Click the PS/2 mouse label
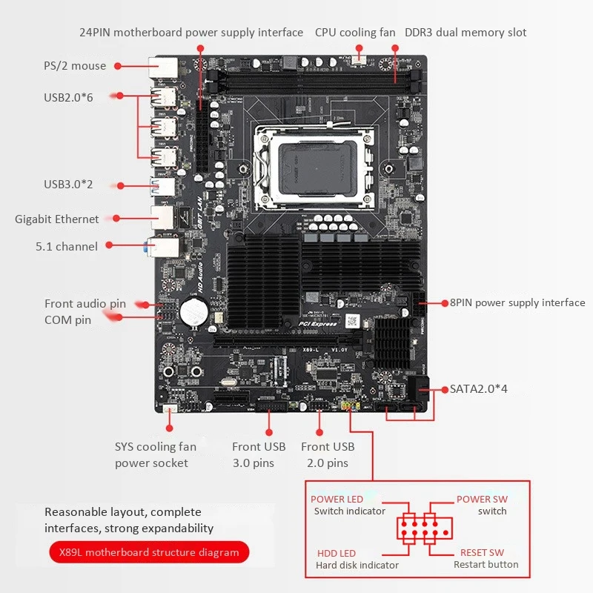pos(74,66)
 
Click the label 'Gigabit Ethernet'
pos(57,219)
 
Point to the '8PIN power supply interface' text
pos(517,302)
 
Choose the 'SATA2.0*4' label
pos(478,388)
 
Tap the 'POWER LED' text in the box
pos(337,500)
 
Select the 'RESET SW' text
pos(482,553)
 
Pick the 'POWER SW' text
pos(482,500)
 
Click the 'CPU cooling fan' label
pos(355,33)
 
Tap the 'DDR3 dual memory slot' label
pos(466,33)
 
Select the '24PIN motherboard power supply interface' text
pos(191,33)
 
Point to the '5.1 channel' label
pos(67,246)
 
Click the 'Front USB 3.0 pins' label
pos(258,454)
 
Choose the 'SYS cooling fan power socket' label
pos(155,454)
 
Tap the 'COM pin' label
pos(67,320)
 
